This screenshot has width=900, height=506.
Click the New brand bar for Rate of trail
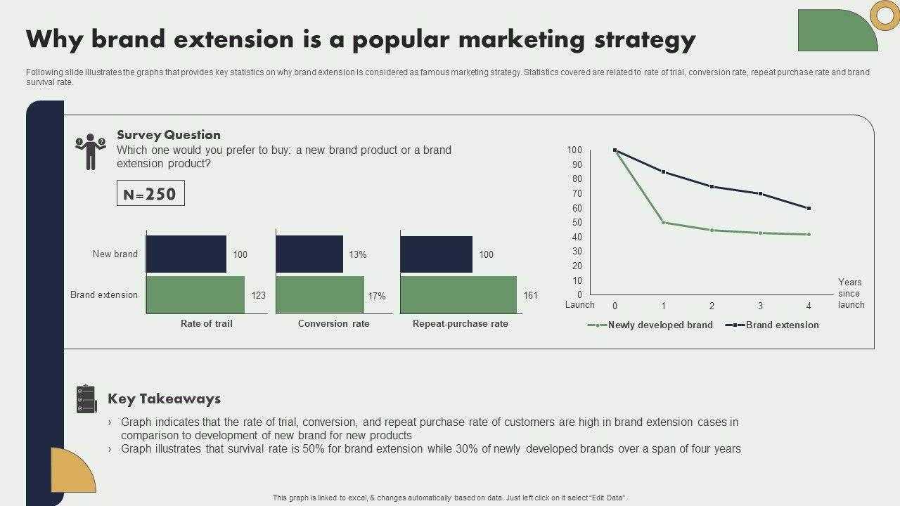point(186,254)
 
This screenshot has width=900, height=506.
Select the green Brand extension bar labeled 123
point(195,294)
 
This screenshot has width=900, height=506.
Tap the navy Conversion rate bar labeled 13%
point(309,254)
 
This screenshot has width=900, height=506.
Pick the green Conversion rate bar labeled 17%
point(320,294)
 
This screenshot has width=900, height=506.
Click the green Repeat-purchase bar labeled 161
point(458,294)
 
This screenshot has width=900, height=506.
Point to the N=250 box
point(150,193)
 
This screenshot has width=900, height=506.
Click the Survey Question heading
point(169,135)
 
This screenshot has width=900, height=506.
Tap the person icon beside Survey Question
point(90,152)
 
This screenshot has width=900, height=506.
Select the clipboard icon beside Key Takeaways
point(86,399)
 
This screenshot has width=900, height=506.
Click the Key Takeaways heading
point(164,399)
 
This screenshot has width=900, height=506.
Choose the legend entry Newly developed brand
point(660,325)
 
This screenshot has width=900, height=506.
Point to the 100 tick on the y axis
point(574,150)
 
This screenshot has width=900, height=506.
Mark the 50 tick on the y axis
point(577,222)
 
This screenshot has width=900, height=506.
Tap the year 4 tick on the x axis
point(809,306)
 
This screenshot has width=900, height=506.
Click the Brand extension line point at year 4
point(809,208)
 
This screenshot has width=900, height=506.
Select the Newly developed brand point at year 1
point(663,222)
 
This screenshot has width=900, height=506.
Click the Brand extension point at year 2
point(712,186)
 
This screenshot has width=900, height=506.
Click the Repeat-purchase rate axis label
point(460,324)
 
